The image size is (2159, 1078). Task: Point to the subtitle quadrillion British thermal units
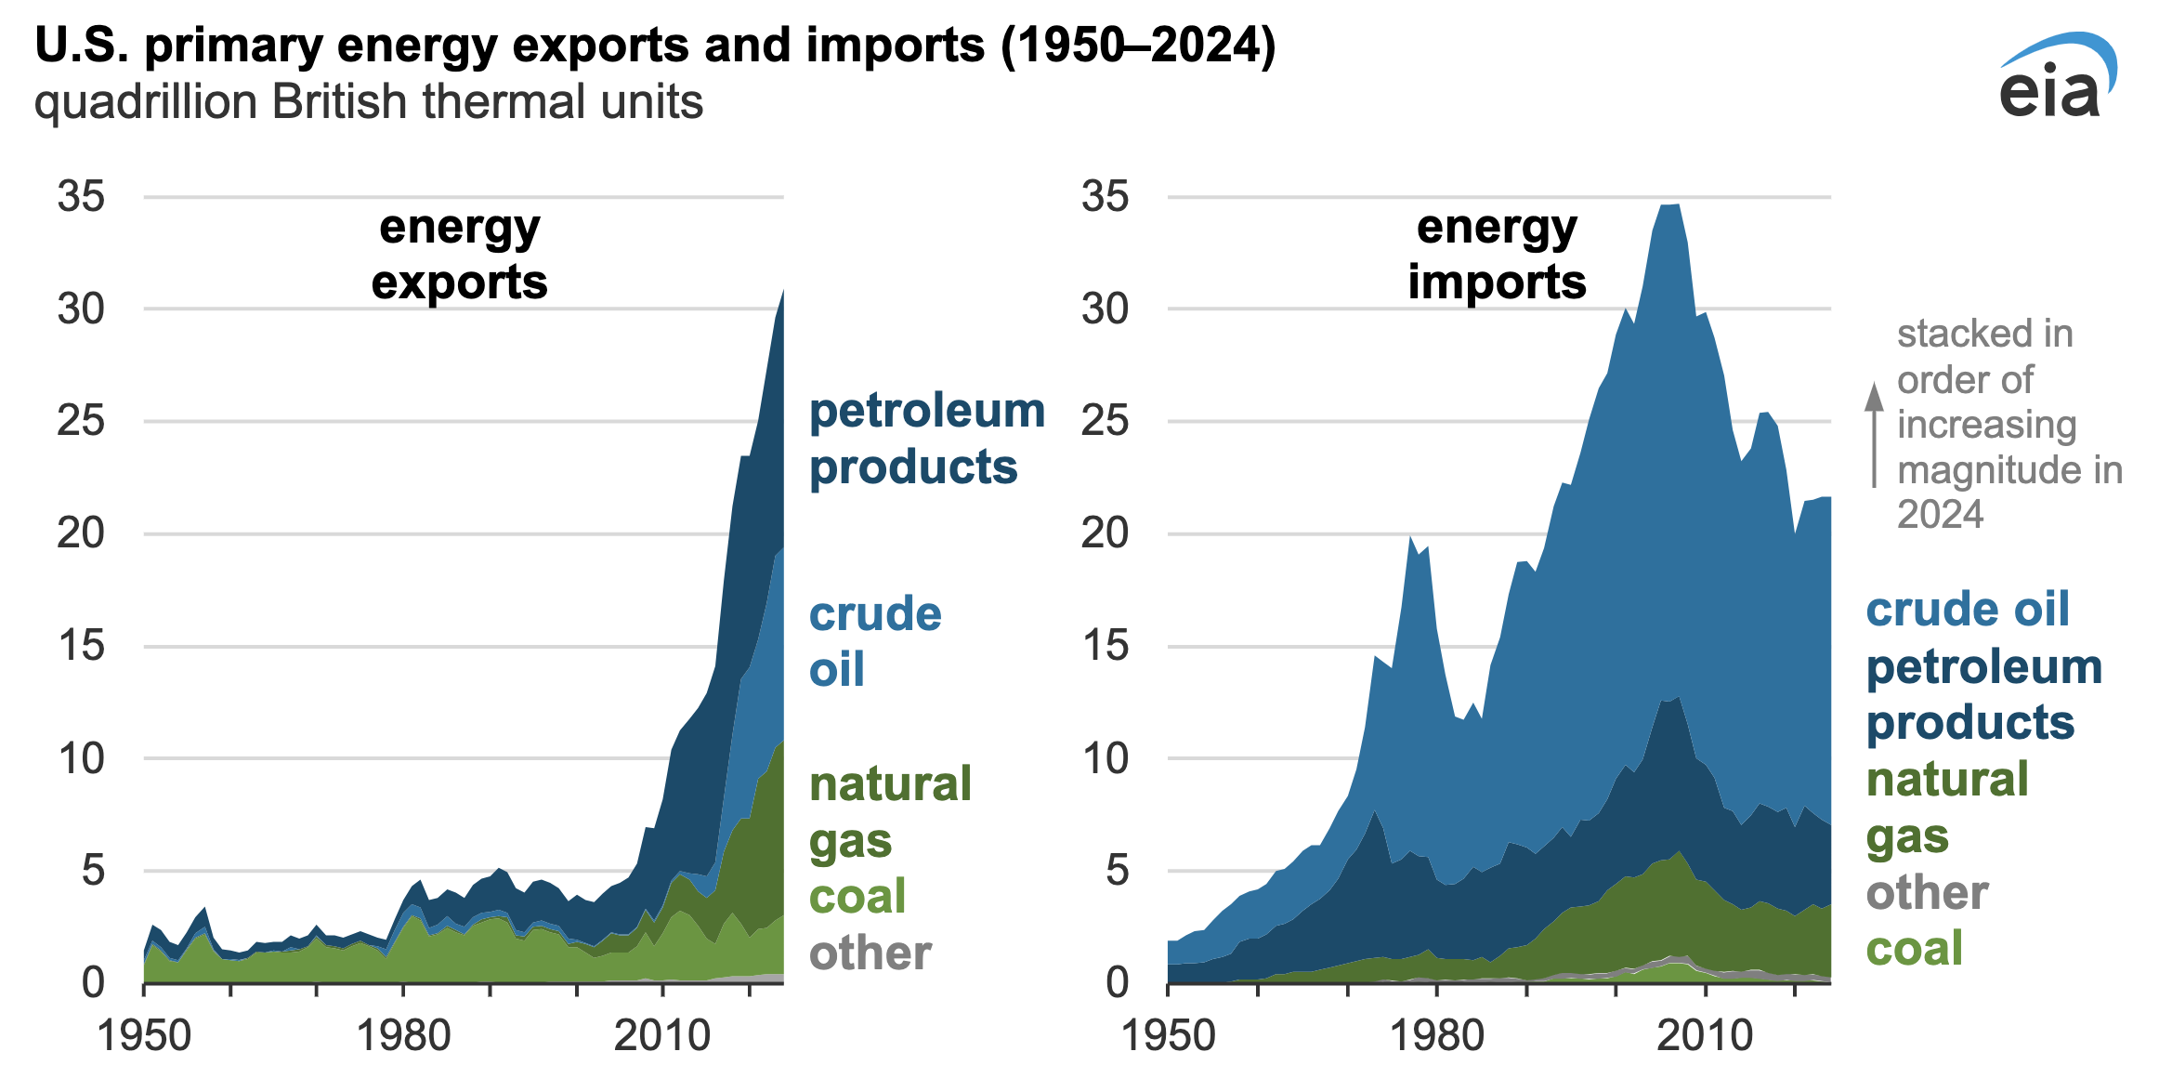[368, 102]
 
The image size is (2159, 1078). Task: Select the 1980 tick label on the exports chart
[403, 1035]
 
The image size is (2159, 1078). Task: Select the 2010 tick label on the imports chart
[1705, 1035]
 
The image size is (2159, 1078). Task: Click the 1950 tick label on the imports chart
[1168, 1035]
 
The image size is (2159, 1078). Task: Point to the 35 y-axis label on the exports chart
[81, 197]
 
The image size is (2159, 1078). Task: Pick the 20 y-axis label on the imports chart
[1105, 533]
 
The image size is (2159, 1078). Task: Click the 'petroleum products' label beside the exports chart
[926, 439]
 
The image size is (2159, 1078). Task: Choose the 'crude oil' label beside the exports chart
[874, 641]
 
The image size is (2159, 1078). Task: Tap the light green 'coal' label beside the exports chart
[857, 897]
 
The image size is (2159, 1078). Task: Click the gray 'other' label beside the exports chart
[870, 953]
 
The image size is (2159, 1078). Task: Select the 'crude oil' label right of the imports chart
[1968, 610]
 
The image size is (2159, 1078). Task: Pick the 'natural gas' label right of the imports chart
[1947, 808]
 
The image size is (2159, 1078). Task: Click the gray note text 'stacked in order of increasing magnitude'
[2007, 424]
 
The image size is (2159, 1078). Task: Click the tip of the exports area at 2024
[782, 292]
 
